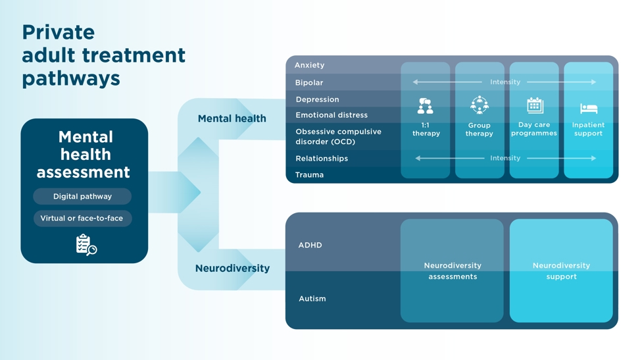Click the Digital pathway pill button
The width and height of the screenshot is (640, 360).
coord(82,196)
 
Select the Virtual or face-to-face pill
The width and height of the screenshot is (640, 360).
coord(82,218)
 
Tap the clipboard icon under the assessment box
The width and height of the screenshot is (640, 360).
coord(86,245)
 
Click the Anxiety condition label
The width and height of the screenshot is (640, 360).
coord(309,65)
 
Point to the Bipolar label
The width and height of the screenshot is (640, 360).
coord(308,83)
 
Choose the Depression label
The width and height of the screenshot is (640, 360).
coord(317,99)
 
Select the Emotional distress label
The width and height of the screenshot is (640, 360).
coord(331,115)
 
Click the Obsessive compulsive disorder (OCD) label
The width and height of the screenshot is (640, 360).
coord(338,136)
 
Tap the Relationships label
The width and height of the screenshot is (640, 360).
coord(322,159)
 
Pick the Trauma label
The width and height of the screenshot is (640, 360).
coord(309,175)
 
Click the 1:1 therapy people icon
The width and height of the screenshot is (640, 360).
coord(426,106)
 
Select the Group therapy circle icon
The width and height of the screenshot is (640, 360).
coord(480,105)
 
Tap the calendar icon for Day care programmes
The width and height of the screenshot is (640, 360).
coord(535,105)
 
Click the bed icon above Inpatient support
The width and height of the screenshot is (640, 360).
coord(589,108)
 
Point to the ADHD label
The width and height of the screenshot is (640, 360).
coord(310,245)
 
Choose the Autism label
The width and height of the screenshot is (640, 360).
coord(312,299)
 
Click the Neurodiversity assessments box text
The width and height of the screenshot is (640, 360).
coord(453,271)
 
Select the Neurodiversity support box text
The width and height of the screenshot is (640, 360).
coord(561,271)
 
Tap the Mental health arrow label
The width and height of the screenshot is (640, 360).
coord(232,118)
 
